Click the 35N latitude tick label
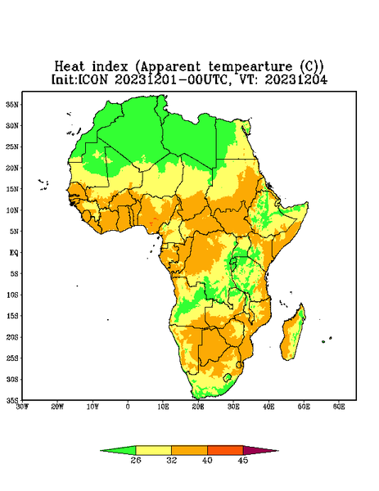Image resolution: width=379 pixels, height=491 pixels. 12,105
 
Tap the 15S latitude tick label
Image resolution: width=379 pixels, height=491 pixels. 12,316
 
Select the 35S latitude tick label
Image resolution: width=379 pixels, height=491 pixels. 12,400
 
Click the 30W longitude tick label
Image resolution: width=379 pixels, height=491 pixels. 23,407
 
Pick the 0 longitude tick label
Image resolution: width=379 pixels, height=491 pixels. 128,407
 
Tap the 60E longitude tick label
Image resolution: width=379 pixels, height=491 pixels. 339,407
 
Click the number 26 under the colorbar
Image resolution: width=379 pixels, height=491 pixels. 136,460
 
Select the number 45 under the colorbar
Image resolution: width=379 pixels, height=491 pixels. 243,460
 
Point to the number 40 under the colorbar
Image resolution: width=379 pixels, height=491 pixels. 207,460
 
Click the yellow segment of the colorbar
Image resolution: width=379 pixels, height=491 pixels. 153,450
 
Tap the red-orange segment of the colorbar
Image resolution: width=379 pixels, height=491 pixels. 225,450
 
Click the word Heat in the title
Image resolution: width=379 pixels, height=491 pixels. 70,67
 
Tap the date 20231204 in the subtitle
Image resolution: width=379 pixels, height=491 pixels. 296,79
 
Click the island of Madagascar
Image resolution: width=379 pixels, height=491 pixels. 293,334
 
